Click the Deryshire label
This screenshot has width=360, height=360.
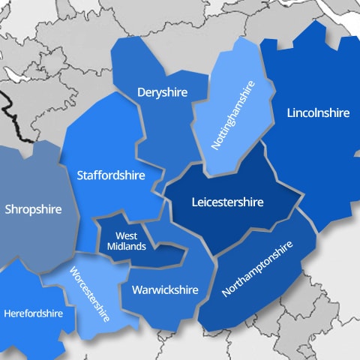(x=161, y=92)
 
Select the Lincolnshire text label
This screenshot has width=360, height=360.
(x=318, y=113)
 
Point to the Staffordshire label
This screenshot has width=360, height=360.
(x=109, y=175)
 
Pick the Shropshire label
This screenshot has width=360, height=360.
(x=32, y=209)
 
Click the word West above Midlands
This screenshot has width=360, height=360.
(x=126, y=236)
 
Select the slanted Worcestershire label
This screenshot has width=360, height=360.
(x=90, y=293)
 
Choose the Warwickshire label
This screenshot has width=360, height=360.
(x=164, y=289)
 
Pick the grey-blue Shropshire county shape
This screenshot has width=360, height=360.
(x=37, y=180)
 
